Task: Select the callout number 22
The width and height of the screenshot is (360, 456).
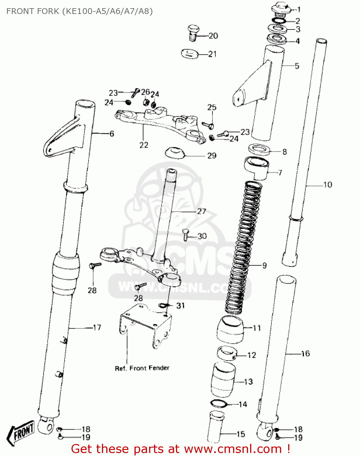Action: coord(144,145)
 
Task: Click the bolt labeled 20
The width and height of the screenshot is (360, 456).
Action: coord(192,33)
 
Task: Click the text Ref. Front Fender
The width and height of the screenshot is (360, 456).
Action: coord(142,368)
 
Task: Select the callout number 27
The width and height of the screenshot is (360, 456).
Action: coord(201,211)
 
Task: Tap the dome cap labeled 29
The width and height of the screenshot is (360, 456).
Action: coord(175,153)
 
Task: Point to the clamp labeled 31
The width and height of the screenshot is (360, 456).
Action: coord(163,305)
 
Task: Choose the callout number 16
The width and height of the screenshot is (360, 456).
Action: coord(305,354)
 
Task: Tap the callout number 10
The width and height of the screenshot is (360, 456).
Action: coord(327,185)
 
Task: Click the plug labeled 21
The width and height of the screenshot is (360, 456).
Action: coord(190,54)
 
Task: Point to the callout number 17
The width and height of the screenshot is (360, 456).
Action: coord(97,327)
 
